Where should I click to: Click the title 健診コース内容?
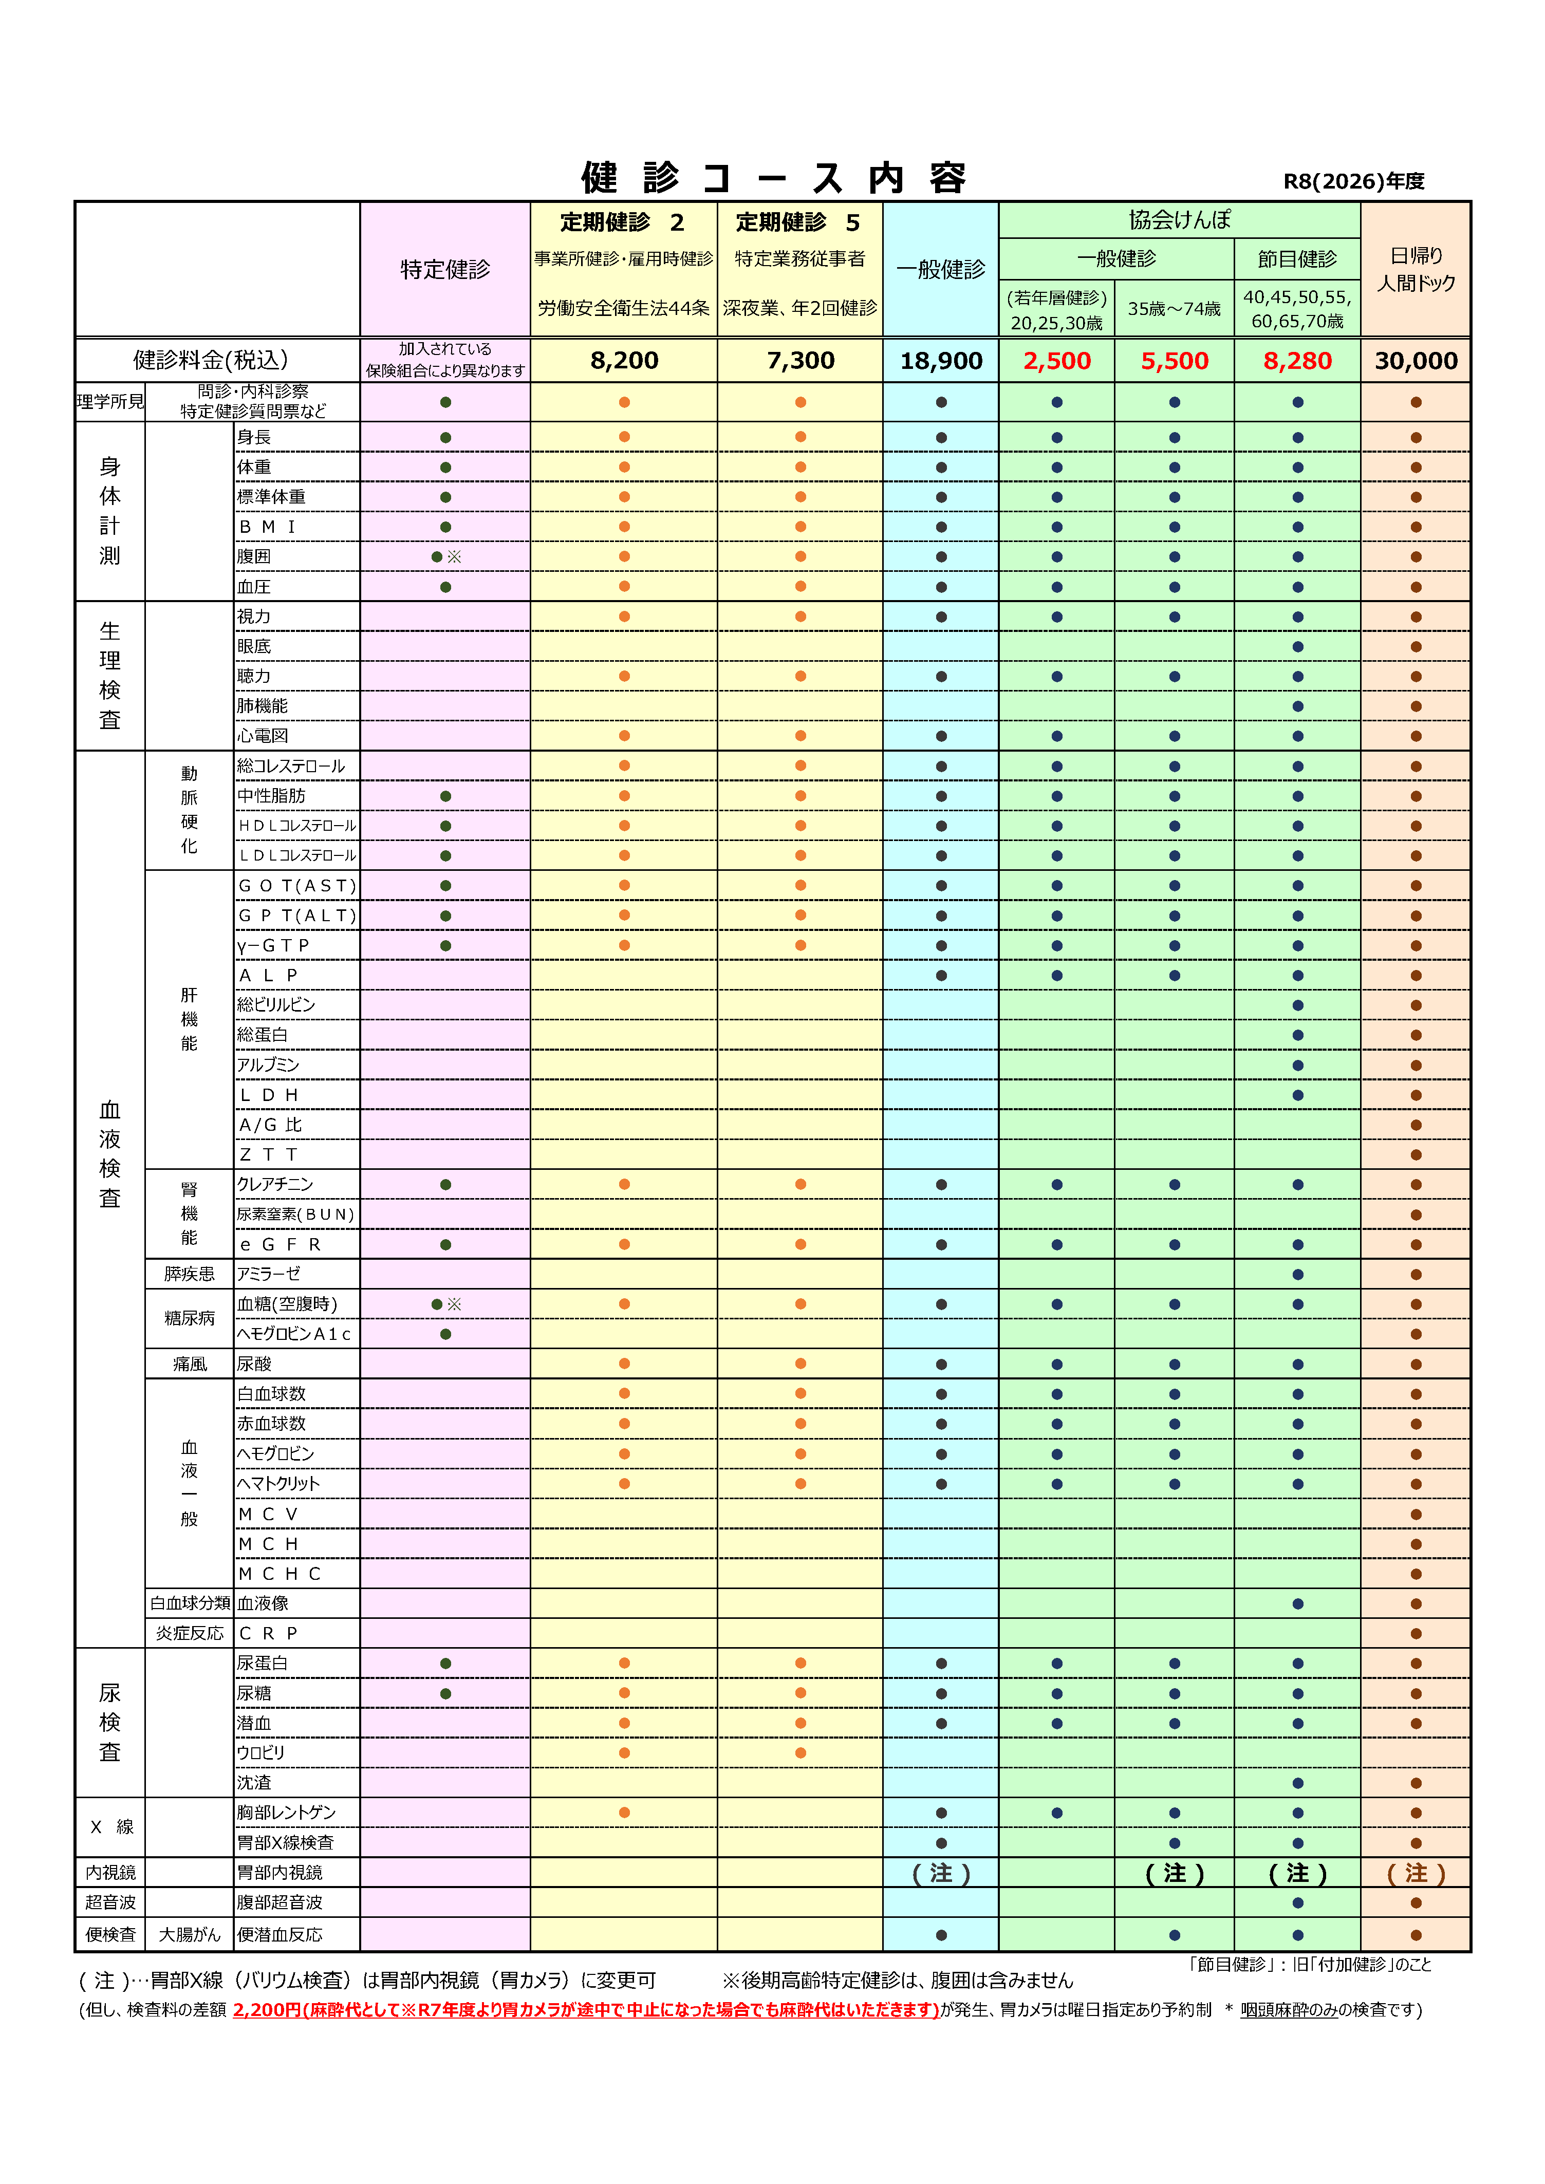click(x=773, y=178)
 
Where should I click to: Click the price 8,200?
click(x=624, y=361)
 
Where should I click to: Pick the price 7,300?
click(x=800, y=361)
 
